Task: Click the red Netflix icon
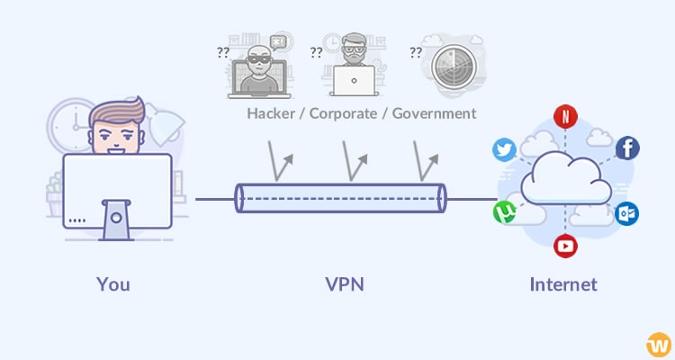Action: (565, 116)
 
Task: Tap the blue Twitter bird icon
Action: (505, 149)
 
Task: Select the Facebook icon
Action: (627, 148)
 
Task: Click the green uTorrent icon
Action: (504, 212)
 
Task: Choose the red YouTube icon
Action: (565, 245)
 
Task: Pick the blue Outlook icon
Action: (627, 213)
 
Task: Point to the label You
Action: (113, 284)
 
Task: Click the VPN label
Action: (345, 284)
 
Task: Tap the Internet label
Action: (562, 284)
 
